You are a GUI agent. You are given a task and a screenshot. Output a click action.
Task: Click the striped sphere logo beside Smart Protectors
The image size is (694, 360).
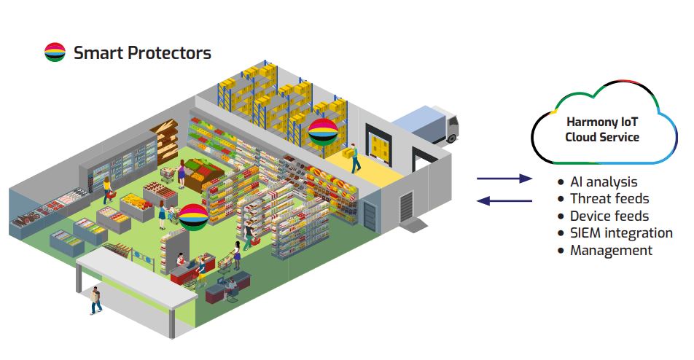click(55, 52)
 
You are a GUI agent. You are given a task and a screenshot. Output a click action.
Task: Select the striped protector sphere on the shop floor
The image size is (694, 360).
click(194, 216)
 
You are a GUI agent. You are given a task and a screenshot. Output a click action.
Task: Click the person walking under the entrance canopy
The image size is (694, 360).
click(95, 299)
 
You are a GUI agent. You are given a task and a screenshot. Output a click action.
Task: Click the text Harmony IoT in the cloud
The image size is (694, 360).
click(601, 122)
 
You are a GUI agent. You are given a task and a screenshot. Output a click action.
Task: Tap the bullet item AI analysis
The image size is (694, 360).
click(604, 181)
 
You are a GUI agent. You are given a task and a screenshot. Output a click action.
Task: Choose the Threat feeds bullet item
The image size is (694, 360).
click(609, 198)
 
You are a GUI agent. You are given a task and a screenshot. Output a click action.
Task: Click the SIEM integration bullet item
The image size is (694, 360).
click(621, 233)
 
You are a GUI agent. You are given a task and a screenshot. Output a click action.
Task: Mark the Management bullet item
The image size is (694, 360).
click(611, 250)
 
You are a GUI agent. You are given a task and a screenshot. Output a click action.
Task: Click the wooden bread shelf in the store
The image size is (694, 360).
click(165, 139)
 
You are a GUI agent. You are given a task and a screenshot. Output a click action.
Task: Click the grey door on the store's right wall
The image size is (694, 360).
click(371, 215)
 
